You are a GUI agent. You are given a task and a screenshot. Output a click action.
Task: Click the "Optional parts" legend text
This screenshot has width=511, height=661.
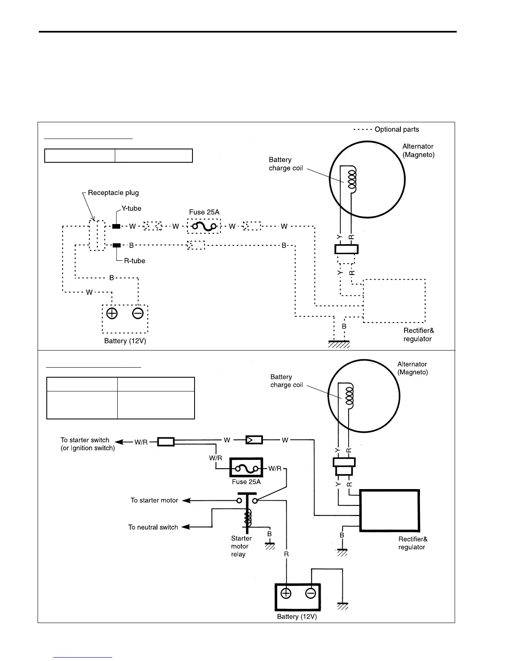point(397,129)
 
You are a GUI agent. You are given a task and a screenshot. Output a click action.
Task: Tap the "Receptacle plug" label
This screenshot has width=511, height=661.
point(113,192)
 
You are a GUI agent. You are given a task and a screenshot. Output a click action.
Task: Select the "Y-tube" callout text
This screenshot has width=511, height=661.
point(132,208)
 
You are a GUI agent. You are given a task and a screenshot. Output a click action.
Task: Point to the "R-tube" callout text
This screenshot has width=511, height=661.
point(134,261)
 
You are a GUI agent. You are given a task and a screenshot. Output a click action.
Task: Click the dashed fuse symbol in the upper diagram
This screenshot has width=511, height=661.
point(204,226)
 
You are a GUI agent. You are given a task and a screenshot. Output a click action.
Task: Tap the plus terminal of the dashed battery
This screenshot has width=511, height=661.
point(112,313)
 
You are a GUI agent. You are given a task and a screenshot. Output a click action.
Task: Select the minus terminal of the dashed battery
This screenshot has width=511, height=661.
point(138,313)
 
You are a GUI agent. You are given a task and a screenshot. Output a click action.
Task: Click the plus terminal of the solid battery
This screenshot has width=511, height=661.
point(286,593)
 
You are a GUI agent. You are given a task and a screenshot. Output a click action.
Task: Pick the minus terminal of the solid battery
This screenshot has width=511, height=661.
point(311,593)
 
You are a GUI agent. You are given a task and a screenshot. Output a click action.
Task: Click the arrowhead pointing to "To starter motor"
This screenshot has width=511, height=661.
point(186,500)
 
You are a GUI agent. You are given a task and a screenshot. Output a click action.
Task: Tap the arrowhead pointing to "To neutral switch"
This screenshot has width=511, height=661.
point(186,527)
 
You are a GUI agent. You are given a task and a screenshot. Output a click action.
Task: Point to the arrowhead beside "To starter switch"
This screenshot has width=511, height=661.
point(119,442)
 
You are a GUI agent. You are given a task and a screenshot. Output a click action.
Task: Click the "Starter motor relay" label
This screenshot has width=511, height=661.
point(241,546)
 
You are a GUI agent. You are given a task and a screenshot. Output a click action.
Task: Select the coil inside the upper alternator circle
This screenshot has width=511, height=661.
point(352,181)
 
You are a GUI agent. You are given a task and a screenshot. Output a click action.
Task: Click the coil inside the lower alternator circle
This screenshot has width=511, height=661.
point(349,398)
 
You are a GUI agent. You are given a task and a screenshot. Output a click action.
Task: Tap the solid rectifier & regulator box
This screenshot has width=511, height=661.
point(390,510)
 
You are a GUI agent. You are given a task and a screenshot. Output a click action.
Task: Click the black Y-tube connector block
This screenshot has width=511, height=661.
point(116,226)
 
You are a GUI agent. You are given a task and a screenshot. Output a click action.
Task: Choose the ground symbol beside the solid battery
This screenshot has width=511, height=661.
point(343,606)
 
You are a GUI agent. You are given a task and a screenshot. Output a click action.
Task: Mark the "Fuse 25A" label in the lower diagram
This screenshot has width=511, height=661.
point(246,482)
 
